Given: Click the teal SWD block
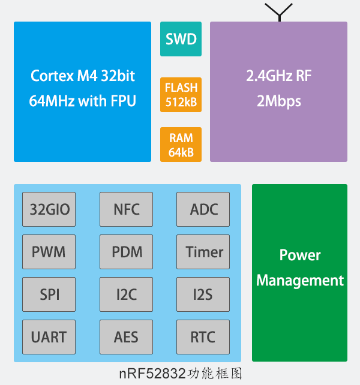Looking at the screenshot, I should pyautogui.click(x=181, y=40).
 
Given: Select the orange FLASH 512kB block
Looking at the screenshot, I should pyautogui.click(x=181, y=95).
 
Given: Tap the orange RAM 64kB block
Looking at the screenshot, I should pyautogui.click(x=181, y=145).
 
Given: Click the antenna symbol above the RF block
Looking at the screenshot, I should pyautogui.click(x=278, y=12).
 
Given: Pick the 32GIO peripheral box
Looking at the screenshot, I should pyautogui.click(x=49, y=209).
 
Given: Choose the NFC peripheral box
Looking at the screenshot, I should pyautogui.click(x=126, y=209).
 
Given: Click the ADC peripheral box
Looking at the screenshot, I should pyautogui.click(x=203, y=209).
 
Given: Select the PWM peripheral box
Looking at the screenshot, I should pyautogui.click(x=49, y=252).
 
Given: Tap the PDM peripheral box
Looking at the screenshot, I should pyautogui.click(x=126, y=252).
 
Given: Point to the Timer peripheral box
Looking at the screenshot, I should pyautogui.click(x=203, y=252).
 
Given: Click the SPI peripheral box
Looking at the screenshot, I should pyautogui.click(x=49, y=294).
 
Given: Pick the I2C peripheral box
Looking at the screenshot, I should pyautogui.click(x=126, y=294).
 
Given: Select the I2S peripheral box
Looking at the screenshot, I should pyautogui.click(x=203, y=294).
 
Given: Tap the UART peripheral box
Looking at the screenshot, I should pyautogui.click(x=49, y=337).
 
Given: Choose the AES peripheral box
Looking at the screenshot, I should pyautogui.click(x=126, y=337).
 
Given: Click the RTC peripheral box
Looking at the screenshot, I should pyautogui.click(x=203, y=337).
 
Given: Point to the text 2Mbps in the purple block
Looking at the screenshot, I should pyautogui.click(x=278, y=101).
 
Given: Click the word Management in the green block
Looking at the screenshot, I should pyautogui.click(x=300, y=281).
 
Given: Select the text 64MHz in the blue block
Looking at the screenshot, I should pyautogui.click(x=51, y=101).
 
